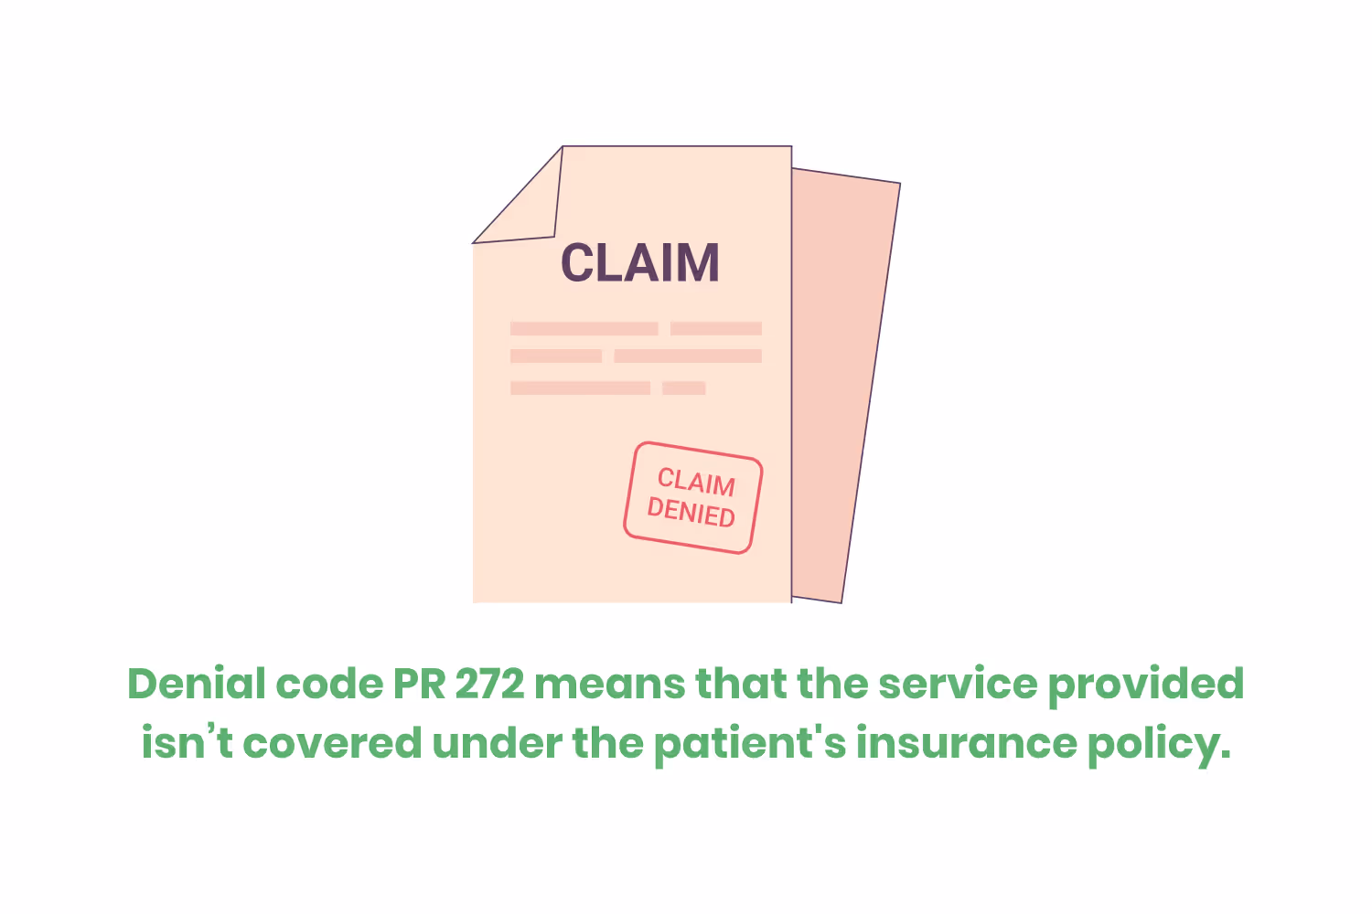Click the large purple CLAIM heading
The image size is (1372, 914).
(639, 262)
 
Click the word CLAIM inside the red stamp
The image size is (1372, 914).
(696, 482)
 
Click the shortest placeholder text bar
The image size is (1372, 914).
(683, 388)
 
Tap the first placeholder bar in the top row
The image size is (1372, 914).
(584, 328)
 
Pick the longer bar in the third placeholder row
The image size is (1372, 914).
(580, 388)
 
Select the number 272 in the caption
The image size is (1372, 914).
(490, 684)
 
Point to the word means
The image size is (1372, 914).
(609, 684)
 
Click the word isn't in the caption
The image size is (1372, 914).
(187, 742)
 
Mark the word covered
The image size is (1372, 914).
(332, 742)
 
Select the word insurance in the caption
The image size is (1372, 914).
(966, 742)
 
